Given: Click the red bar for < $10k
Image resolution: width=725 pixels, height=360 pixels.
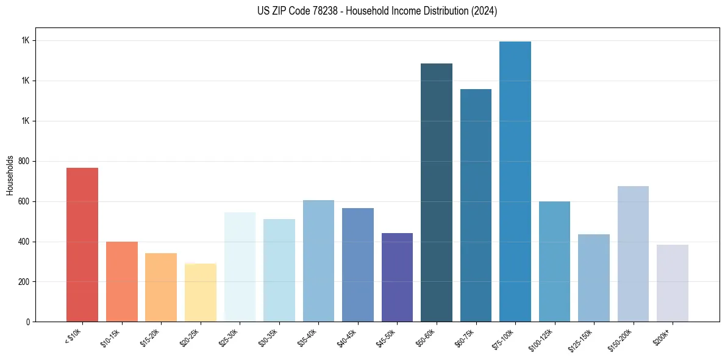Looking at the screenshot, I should click(82, 244).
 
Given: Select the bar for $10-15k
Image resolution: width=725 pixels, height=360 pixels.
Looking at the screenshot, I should click(122, 281).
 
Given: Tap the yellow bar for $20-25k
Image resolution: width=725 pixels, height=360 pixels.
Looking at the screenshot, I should click(201, 292).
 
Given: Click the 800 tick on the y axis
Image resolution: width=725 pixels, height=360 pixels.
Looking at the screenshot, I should click(26, 161).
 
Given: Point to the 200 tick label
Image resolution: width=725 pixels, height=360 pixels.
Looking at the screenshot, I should click(26, 282).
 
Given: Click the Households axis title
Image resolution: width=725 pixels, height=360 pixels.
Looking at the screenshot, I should click(10, 175).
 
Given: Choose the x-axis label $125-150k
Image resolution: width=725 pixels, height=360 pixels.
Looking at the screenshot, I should click(583, 339).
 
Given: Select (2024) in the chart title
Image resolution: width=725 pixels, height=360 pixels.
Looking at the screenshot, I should click(484, 11).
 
